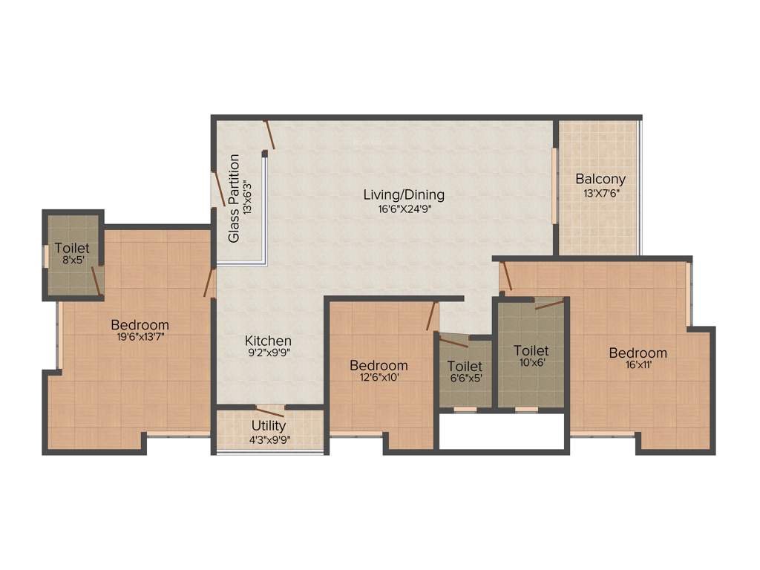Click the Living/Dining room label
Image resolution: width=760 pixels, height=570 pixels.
pyautogui.click(x=404, y=195)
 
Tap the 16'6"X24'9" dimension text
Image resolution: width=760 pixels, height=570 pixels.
pyautogui.click(x=404, y=209)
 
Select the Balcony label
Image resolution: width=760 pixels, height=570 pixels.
pyautogui.click(x=600, y=179)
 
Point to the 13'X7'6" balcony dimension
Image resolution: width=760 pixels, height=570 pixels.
pyautogui.click(x=600, y=193)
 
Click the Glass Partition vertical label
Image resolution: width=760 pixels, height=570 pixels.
pyautogui.click(x=234, y=198)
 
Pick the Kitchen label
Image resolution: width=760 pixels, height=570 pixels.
pyautogui.click(x=268, y=341)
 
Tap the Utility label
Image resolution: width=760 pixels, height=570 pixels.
pyautogui.click(x=269, y=426)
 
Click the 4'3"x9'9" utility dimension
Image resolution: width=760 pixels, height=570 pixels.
pyautogui.click(x=269, y=439)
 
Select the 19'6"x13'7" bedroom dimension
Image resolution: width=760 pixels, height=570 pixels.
pyautogui.click(x=140, y=338)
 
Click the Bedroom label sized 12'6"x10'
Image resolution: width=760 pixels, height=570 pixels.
pyautogui.click(x=379, y=365)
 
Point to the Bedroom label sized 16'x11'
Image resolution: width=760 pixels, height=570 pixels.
pyautogui.click(x=638, y=353)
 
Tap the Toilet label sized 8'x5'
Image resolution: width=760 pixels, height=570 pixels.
pyautogui.click(x=71, y=248)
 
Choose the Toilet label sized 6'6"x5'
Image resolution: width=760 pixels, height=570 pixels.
pyautogui.click(x=465, y=366)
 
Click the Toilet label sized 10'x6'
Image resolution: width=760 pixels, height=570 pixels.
pyautogui.click(x=531, y=350)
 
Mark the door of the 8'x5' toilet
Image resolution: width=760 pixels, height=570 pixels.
pyautogui.click(x=96, y=281)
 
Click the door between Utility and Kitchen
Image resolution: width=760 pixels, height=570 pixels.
pyautogui.click(x=269, y=411)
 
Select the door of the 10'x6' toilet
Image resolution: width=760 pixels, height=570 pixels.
pyautogui.click(x=548, y=302)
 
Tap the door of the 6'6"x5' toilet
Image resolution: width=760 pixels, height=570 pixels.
pyautogui.click(x=453, y=341)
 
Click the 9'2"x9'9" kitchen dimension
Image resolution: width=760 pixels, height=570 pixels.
pyautogui.click(x=268, y=354)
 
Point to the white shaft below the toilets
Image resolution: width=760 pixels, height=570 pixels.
pyautogui.click(x=502, y=431)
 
